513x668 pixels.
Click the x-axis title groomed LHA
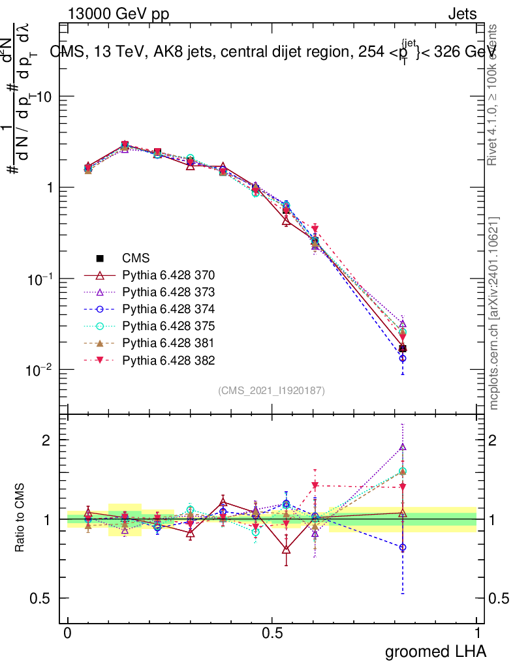tap(435, 651)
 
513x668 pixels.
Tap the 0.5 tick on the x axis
tap(272, 633)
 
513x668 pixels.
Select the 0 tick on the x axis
tap(68, 633)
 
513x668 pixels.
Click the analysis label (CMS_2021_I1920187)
tap(272, 390)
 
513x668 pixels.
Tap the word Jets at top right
tap(462, 14)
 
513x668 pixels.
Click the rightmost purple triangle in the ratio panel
tap(403, 448)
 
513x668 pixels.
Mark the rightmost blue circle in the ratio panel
tap(403, 547)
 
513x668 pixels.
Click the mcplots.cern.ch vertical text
tap(494, 313)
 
